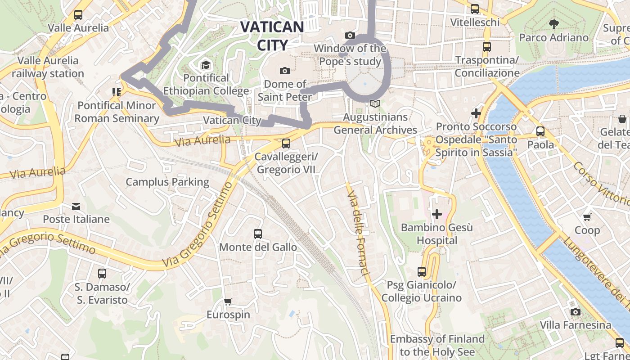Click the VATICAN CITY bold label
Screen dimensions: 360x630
[x=272, y=36]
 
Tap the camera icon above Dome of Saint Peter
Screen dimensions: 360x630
[x=284, y=71]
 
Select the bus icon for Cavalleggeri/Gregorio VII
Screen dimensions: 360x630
[x=286, y=144]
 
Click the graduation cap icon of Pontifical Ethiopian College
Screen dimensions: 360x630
[x=206, y=65]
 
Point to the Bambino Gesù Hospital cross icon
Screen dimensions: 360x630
[x=436, y=214]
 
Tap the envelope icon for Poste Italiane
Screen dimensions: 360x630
[x=76, y=207]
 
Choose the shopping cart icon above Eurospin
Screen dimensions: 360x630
[x=228, y=301]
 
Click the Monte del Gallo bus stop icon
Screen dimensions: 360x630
[x=258, y=234]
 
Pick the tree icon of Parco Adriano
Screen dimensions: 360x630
[x=553, y=24]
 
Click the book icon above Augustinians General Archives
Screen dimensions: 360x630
[x=375, y=104]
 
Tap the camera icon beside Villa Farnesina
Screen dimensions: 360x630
[x=575, y=312]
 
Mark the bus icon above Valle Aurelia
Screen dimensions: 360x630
[x=78, y=14]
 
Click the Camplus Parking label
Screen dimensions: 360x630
[x=167, y=182]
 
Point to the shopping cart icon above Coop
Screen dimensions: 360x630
[x=587, y=217]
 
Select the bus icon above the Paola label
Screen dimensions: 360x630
[x=540, y=131]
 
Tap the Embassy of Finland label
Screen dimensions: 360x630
[x=437, y=345]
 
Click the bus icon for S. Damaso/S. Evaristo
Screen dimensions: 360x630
[x=102, y=273]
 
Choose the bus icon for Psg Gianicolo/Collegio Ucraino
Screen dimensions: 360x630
[x=422, y=272]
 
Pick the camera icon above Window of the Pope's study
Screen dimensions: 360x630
[x=350, y=35]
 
